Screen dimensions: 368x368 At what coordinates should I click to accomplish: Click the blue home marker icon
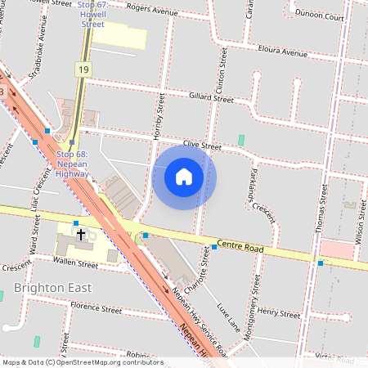(x=184, y=177)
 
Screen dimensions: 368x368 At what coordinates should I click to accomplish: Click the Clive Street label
(x=202, y=146)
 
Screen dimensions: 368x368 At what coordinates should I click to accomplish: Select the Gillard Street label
(x=211, y=98)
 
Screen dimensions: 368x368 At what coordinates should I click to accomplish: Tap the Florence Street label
(x=96, y=308)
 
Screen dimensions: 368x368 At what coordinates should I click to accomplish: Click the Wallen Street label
(x=75, y=263)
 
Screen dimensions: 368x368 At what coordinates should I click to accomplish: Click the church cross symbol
(x=81, y=235)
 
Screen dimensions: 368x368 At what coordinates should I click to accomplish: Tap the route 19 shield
(x=83, y=70)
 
